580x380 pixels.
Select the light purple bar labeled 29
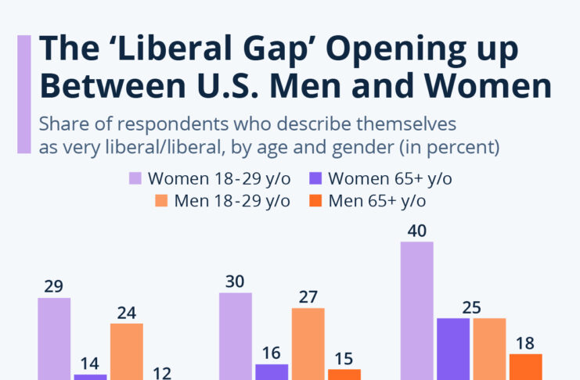click(x=54, y=339)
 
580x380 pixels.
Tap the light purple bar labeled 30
click(x=236, y=336)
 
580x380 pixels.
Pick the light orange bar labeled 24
click(x=127, y=351)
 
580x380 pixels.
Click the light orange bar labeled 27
click(x=308, y=343)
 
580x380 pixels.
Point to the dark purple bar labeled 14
click(x=90, y=376)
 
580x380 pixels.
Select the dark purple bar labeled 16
click(x=272, y=371)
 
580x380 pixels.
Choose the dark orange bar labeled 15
click(x=344, y=374)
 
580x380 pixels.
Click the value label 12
click(x=163, y=373)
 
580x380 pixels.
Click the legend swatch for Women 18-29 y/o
click(x=135, y=178)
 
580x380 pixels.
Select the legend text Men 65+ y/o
click(x=377, y=200)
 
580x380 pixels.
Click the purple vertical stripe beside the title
click(x=24, y=94)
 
